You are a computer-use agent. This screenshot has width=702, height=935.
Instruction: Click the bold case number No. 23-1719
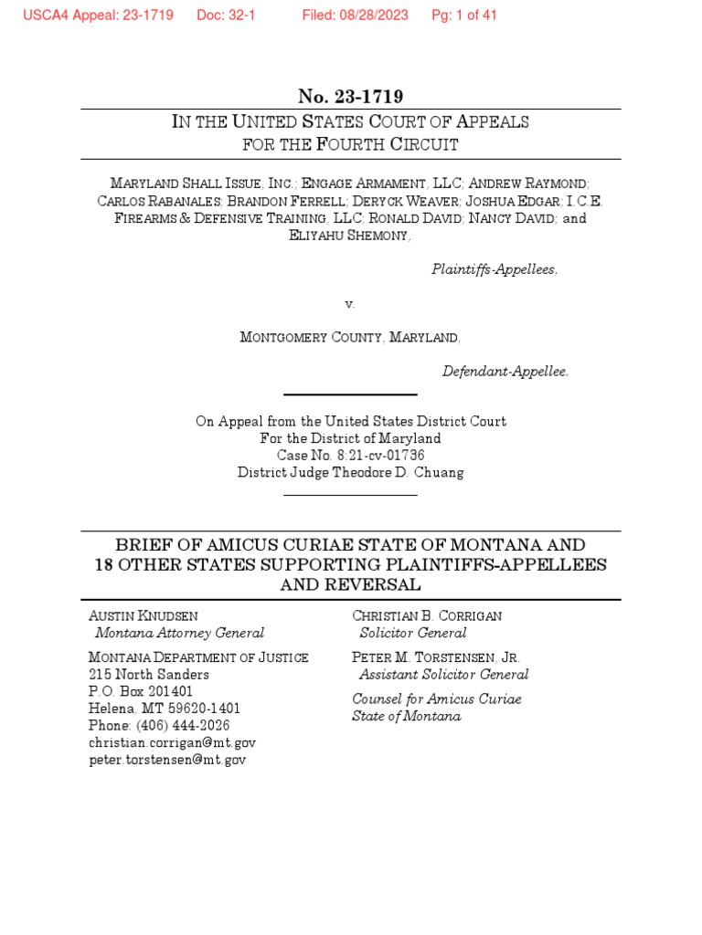(x=350, y=97)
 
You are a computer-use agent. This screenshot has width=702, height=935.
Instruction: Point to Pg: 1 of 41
(x=464, y=16)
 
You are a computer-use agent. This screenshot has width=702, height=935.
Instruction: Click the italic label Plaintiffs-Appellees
(x=494, y=270)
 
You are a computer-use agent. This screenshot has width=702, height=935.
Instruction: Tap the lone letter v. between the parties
(x=350, y=304)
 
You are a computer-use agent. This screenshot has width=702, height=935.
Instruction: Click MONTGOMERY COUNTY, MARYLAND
(x=350, y=338)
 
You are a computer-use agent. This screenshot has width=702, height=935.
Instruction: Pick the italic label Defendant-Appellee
(x=505, y=372)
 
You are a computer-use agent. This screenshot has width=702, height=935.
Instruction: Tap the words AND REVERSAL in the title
(x=350, y=584)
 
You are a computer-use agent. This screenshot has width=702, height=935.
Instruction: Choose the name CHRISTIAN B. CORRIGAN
(x=427, y=616)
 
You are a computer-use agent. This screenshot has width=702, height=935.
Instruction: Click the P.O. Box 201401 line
(x=141, y=691)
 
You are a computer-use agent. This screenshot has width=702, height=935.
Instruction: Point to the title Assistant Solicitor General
(x=443, y=675)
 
